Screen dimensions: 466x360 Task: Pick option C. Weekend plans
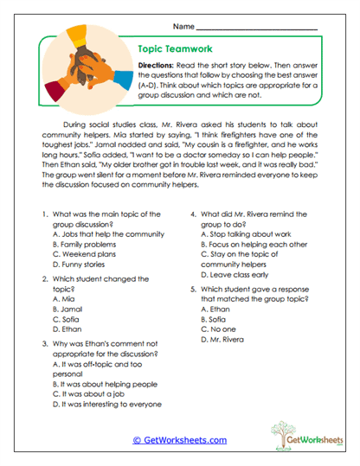coord(83,255)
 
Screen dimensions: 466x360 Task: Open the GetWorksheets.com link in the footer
coord(179,439)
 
